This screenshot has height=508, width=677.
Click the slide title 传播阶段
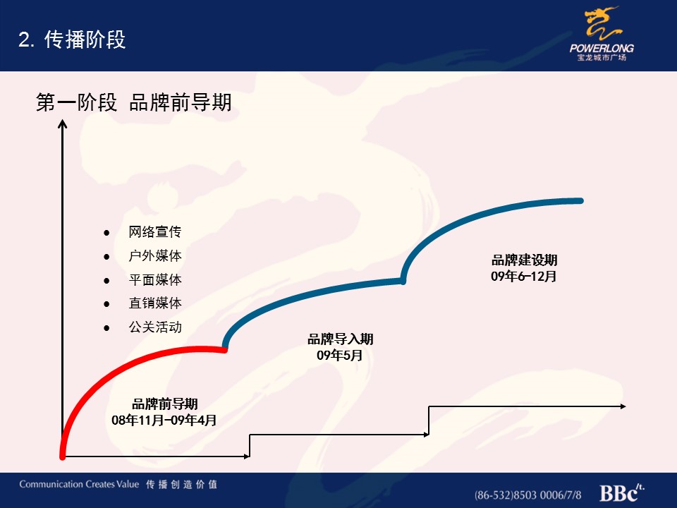(85, 40)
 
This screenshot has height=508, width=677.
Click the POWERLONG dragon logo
(602, 34)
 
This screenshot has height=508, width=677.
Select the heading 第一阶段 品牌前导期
(134, 102)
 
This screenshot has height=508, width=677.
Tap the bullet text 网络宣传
(155, 232)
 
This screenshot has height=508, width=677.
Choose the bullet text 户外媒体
(155, 255)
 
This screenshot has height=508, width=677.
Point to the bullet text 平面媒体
(155, 279)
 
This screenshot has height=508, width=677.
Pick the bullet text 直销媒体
(155, 303)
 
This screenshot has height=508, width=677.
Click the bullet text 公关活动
(155, 327)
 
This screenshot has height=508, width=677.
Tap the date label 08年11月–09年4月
(164, 420)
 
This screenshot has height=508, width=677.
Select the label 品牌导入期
(340, 339)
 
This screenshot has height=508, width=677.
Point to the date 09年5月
(339, 355)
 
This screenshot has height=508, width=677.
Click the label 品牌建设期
(524, 260)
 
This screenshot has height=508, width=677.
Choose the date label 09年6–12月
(523, 276)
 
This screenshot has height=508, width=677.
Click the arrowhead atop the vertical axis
(63, 124)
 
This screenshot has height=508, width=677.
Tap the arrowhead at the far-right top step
(623, 406)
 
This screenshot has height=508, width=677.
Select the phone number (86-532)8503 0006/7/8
(527, 495)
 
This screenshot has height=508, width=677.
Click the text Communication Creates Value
(79, 484)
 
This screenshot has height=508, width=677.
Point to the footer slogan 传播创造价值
(181, 484)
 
